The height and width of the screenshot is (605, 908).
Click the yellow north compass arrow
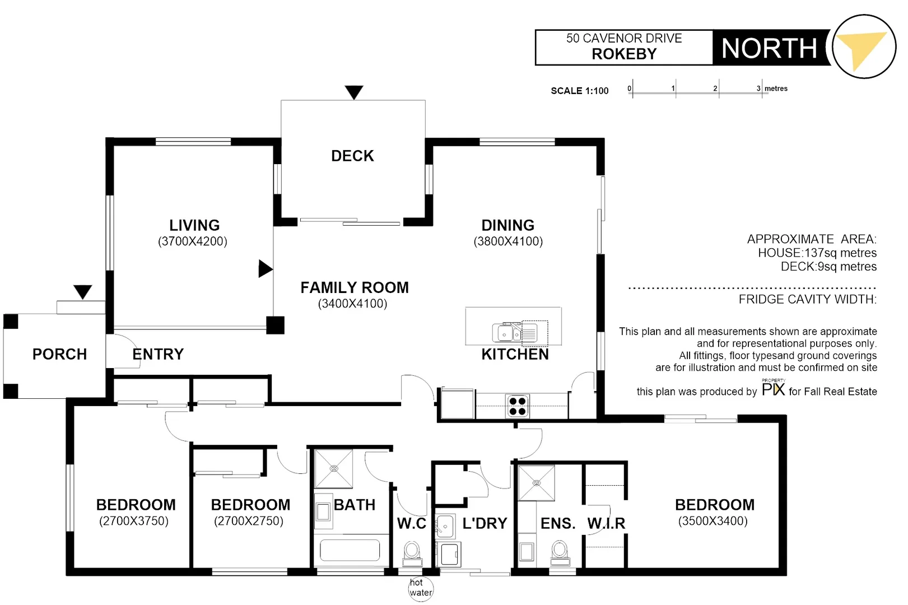tap(860, 49)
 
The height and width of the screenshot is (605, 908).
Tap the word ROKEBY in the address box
tap(624, 54)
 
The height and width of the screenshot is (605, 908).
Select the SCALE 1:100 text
tap(579, 91)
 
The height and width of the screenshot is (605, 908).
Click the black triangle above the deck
tap(354, 91)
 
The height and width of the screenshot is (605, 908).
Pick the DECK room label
tap(352, 156)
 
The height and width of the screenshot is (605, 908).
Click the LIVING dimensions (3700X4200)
tap(193, 241)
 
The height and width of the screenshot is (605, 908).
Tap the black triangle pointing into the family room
tap(264, 269)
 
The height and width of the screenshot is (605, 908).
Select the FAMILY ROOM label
tap(355, 287)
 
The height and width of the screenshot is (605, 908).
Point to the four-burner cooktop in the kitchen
tap(518, 406)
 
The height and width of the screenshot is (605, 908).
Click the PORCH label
tap(60, 354)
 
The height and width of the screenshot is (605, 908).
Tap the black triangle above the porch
tap(83, 291)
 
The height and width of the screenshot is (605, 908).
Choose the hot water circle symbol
tap(420, 588)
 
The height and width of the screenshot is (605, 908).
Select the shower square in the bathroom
tap(334, 469)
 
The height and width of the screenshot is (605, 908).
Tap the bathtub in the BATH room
tap(350, 550)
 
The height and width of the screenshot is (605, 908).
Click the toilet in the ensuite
tap(560, 552)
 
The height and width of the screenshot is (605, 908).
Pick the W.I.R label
tap(606, 523)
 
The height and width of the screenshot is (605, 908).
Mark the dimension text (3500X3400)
tap(713, 521)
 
